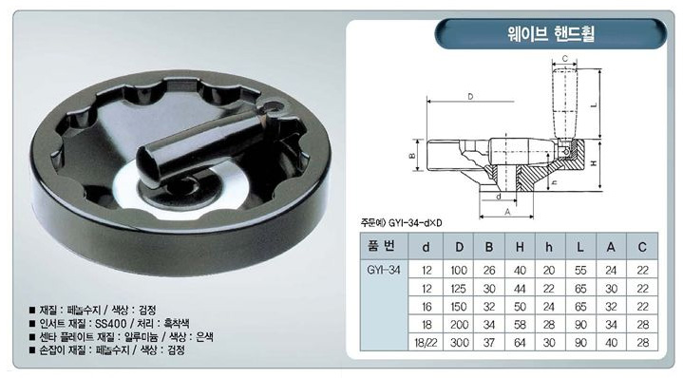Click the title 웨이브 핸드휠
pos(551,33)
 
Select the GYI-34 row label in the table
pos(384,270)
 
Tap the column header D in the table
pos(459,247)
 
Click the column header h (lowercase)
pos(549,247)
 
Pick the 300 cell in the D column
pos(459,342)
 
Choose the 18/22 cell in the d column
pos(426,342)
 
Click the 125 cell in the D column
pos(459,289)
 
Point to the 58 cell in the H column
pos(520,325)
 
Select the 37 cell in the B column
pos(489,342)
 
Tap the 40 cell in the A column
pos(611,342)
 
